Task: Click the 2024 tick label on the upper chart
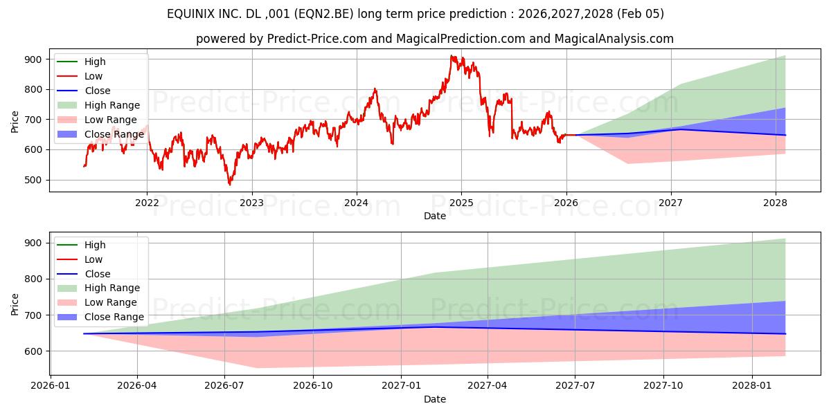356,203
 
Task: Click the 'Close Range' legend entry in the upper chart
114,134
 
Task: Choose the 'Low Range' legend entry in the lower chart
110,302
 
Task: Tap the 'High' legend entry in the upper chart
94,62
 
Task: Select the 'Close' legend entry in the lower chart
97,273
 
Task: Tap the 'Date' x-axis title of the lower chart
434,399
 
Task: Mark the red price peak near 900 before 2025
452,56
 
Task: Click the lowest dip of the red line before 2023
230,185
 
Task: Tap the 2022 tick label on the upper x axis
147,203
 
